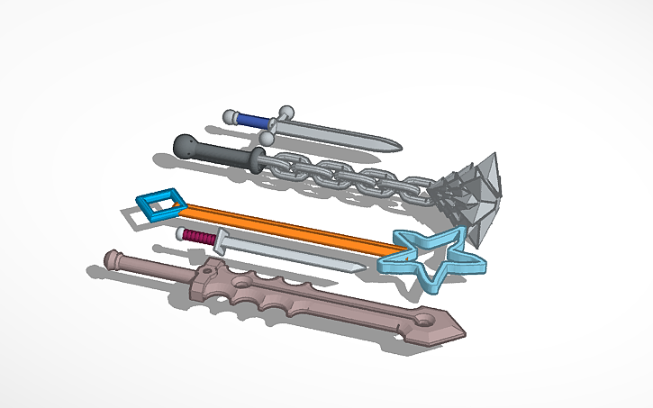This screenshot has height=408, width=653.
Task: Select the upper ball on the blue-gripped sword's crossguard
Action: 286,113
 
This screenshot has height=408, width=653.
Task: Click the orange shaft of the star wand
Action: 288,226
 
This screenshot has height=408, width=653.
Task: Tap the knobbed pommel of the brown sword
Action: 112,258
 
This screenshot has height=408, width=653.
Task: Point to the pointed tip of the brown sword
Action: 463,335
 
